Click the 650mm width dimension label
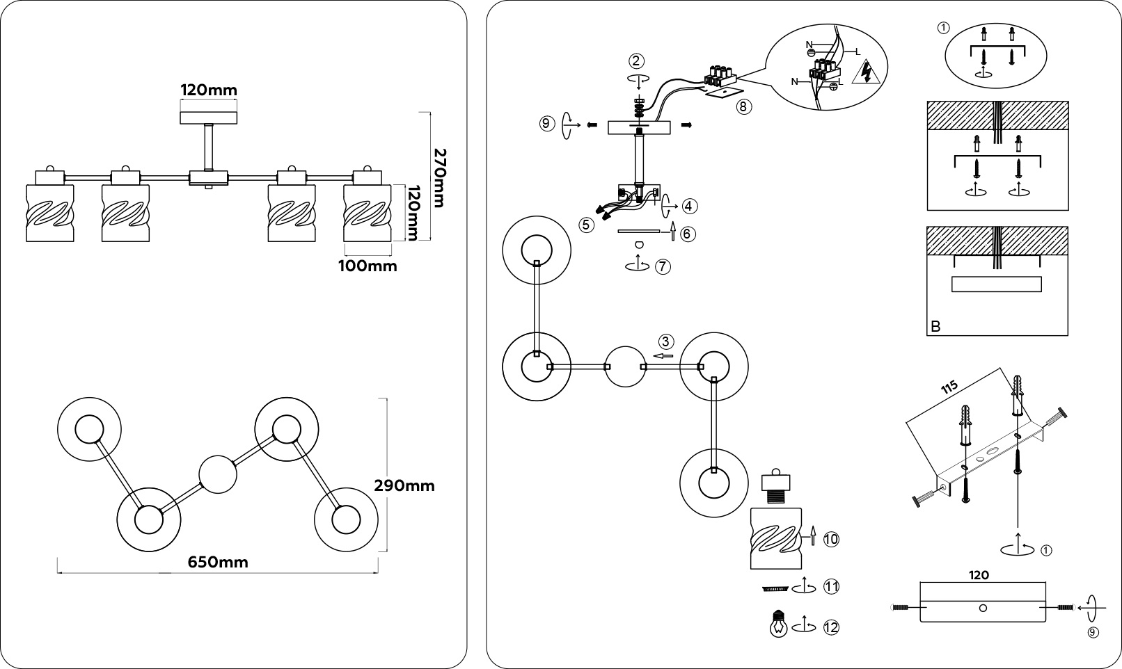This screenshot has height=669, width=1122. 218,562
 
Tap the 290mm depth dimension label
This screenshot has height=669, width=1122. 404,485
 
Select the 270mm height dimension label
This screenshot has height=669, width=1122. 438,177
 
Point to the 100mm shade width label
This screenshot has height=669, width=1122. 368,266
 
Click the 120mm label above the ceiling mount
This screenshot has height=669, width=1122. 209,90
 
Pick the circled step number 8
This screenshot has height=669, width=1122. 744,107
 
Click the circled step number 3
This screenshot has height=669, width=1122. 666,341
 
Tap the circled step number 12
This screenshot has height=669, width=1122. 830,627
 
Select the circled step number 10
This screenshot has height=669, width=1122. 831,539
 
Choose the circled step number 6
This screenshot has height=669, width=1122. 688,234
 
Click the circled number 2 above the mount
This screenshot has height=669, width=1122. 637,61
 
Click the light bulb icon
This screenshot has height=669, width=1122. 777,624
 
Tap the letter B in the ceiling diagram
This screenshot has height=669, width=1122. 935,326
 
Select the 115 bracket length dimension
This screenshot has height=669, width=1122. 949,387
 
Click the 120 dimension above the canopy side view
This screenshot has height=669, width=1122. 979,575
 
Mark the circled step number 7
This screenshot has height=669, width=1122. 663,266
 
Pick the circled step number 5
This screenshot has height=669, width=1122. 586,224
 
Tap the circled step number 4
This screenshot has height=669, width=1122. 689,206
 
